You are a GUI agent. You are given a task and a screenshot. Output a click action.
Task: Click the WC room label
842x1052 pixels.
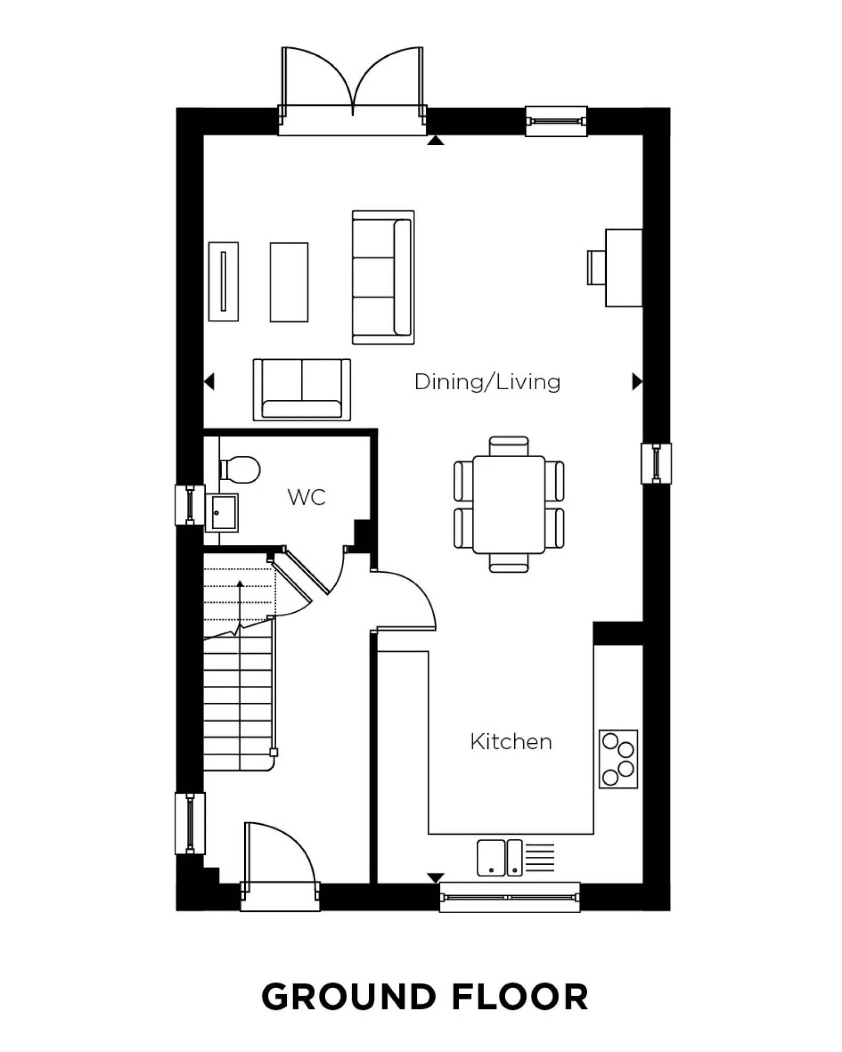pyautogui.click(x=306, y=497)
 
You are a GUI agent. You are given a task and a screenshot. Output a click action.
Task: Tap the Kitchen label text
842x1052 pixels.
pyautogui.click(x=510, y=742)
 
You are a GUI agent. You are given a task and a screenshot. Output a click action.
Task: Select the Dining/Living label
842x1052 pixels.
pyautogui.click(x=487, y=382)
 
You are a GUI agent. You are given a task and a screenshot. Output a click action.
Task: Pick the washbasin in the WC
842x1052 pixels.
pyautogui.click(x=224, y=512)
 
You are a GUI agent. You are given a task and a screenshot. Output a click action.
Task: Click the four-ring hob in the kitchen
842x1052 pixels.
pyautogui.click(x=618, y=758)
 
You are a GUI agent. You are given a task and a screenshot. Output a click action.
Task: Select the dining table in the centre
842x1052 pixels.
pyautogui.click(x=508, y=504)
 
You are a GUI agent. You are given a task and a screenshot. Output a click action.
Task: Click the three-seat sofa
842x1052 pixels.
pyautogui.click(x=383, y=277)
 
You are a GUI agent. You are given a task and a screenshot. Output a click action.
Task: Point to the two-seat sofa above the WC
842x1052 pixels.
pyautogui.click(x=302, y=390)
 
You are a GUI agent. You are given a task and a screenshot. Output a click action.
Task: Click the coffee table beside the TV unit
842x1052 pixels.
pyautogui.click(x=289, y=282)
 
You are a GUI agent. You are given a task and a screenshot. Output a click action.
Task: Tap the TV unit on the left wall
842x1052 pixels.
pyautogui.click(x=223, y=281)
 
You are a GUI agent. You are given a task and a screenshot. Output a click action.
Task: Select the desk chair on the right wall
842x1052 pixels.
pyautogui.click(x=596, y=268)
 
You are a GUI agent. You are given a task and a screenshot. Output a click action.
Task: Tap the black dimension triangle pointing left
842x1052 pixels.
pyautogui.click(x=209, y=381)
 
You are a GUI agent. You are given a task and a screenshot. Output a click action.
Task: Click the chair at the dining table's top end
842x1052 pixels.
pyautogui.click(x=508, y=446)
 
